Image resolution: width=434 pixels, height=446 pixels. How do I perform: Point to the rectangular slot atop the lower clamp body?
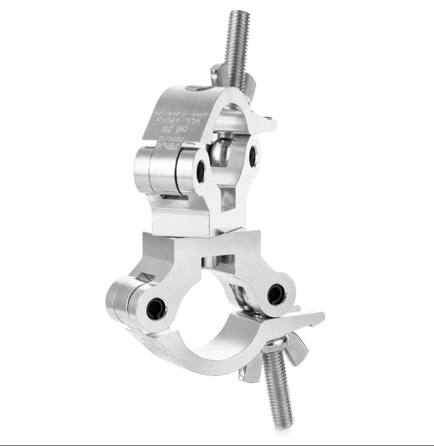point(218,258)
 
